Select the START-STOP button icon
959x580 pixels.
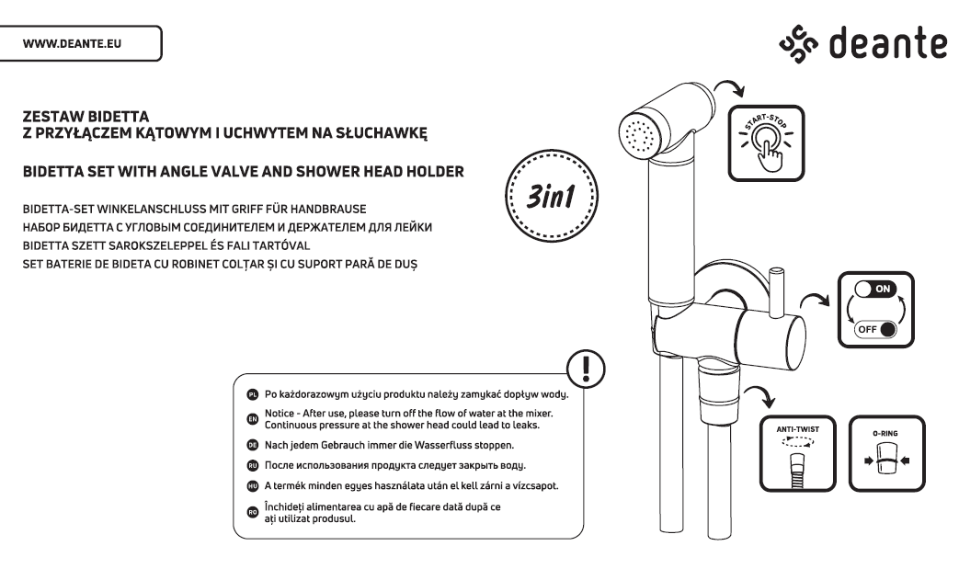(769, 141)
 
